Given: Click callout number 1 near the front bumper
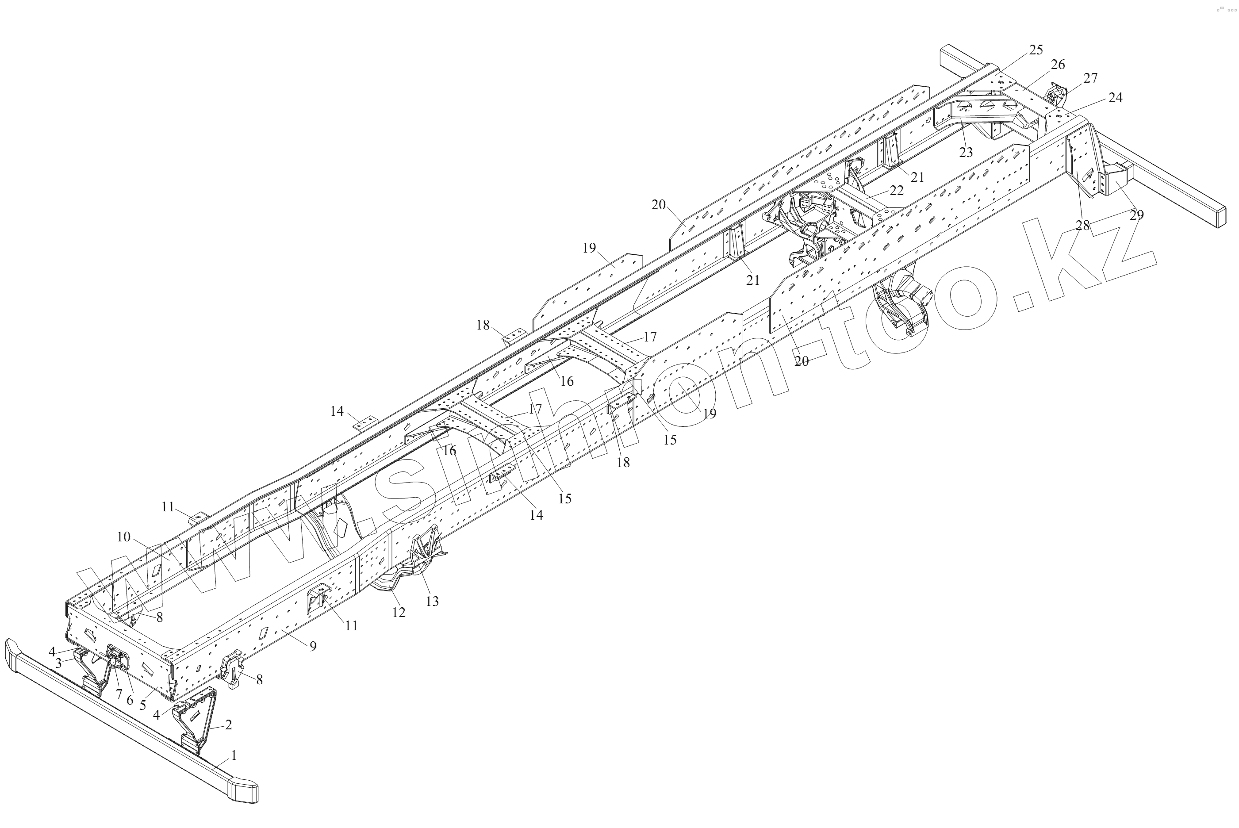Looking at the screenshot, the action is coord(234,755).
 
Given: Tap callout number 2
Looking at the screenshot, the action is coord(228,725).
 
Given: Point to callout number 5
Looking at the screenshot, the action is coord(142,705).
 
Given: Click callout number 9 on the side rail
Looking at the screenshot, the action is coord(313,646).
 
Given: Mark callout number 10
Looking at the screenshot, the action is coord(123,537).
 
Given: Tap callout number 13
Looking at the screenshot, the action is coord(433,601).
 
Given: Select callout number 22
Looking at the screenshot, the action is coord(896,190).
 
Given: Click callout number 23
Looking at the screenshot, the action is coord(966,153).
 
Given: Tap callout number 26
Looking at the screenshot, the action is coord(1058,65).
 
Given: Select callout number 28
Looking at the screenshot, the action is coord(1083,226).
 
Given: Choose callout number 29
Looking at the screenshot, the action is coord(1136,215).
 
